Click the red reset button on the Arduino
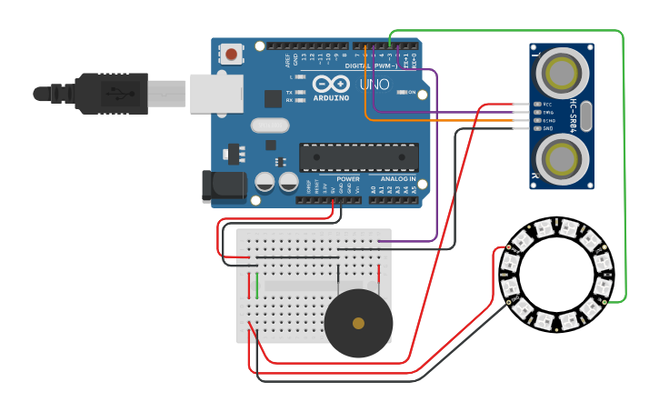point(232,55)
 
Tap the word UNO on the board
point(374,85)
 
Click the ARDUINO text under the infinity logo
point(331,98)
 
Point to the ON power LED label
point(411,93)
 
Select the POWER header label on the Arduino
point(348,179)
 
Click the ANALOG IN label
point(398,179)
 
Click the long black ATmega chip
point(359,157)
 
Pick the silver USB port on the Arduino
point(216,93)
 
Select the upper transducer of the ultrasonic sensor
point(562,70)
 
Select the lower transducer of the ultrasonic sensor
point(562,156)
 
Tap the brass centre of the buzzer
point(358,323)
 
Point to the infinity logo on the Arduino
point(331,84)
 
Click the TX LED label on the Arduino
point(289,93)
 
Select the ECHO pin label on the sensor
point(548,120)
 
